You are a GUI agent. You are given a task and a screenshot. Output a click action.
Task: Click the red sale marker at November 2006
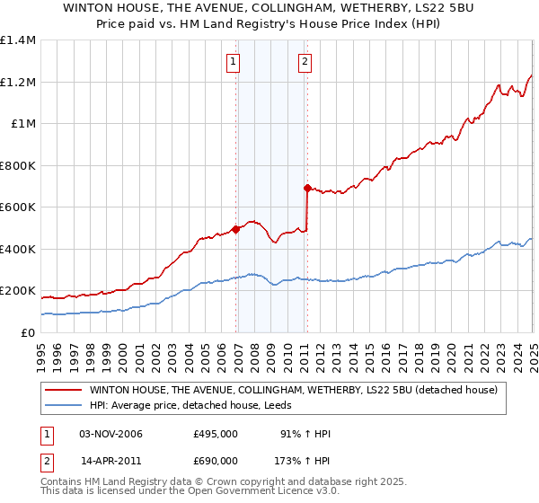point(236,229)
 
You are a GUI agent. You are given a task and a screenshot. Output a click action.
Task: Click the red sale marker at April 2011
point(307,189)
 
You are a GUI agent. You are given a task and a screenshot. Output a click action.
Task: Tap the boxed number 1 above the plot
point(233,62)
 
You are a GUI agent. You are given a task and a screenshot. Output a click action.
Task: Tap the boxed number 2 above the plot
point(305,62)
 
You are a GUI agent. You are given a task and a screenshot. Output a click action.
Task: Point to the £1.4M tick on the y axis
point(18,40)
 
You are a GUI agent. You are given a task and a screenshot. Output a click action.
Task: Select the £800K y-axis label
point(18,165)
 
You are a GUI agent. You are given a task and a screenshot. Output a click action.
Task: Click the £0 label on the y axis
point(28,332)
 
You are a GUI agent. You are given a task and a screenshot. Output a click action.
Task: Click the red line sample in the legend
point(65,390)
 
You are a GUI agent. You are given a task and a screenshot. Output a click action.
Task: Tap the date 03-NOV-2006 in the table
point(111,434)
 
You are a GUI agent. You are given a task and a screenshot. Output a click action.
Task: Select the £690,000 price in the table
point(216,460)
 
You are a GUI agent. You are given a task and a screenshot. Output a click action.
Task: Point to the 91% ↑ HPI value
point(306,434)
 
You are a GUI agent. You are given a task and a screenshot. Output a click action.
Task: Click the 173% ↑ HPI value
point(303,460)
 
